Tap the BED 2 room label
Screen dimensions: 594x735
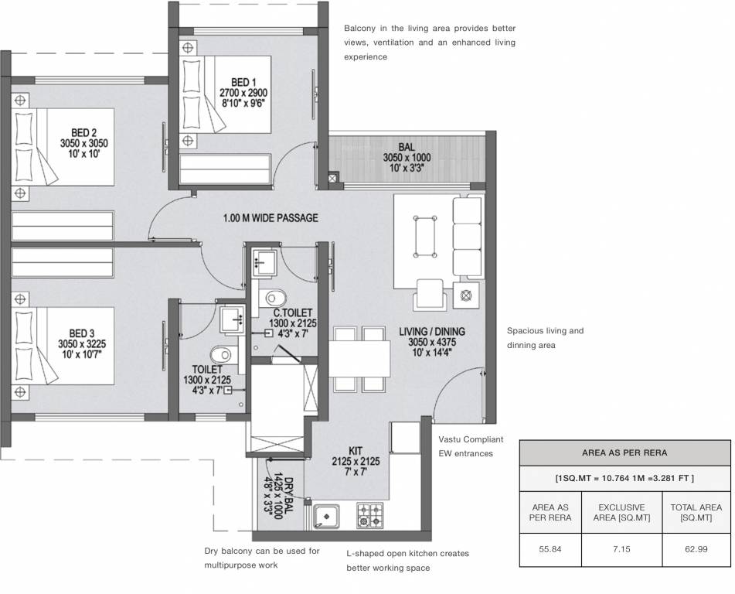click(x=83, y=132)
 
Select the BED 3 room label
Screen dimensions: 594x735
click(x=83, y=333)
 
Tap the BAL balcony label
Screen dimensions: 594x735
click(x=407, y=146)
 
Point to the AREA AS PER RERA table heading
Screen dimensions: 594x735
click(x=624, y=452)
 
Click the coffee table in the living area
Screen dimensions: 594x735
click(x=424, y=235)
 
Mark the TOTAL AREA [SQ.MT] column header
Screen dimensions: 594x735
click(x=696, y=512)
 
